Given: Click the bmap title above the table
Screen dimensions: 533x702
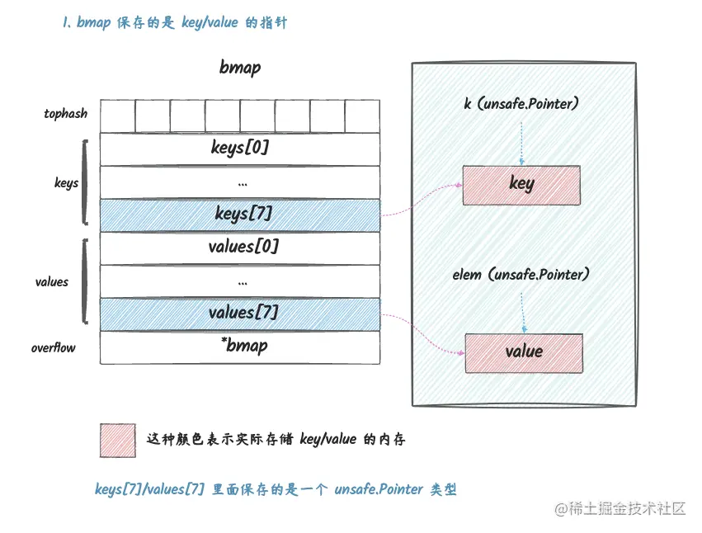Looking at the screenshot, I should [240, 68].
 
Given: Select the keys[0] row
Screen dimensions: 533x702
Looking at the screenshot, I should [240, 149].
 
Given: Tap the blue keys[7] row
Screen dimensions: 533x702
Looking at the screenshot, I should [240, 214].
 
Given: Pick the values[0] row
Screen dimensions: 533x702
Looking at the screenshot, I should [240, 246].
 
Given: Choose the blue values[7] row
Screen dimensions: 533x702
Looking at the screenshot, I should [240, 313].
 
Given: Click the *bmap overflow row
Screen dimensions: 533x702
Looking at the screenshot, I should [240, 346].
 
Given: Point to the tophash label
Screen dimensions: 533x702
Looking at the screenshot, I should [66, 114].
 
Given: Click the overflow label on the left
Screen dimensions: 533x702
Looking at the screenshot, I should [54, 348].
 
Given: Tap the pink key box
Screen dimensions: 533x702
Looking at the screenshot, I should [521, 184].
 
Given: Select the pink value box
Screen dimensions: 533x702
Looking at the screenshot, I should [524, 352].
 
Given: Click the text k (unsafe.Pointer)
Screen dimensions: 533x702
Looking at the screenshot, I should [521, 105].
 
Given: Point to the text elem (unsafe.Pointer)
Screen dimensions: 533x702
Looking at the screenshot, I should [521, 274].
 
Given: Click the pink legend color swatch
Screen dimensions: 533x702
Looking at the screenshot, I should [117, 440].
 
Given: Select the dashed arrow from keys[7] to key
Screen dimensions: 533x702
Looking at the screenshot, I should [421, 200].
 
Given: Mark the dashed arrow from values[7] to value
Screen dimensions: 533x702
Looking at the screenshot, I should [421, 334].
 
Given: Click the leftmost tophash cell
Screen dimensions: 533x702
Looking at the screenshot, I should [117, 116].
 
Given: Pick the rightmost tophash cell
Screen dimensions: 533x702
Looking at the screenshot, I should [362, 116].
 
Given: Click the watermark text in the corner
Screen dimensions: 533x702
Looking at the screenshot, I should [621, 509].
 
